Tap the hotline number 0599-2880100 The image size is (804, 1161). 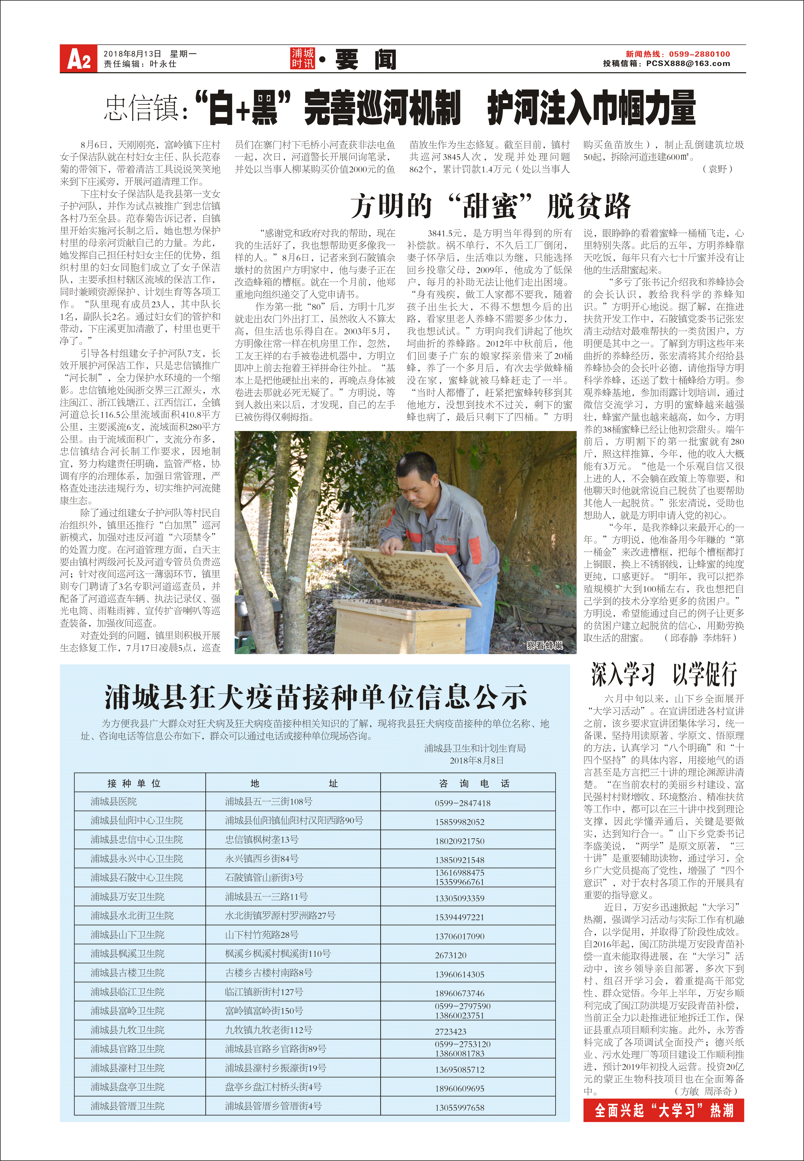(x=699, y=54)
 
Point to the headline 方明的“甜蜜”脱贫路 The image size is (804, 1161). (x=490, y=206)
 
